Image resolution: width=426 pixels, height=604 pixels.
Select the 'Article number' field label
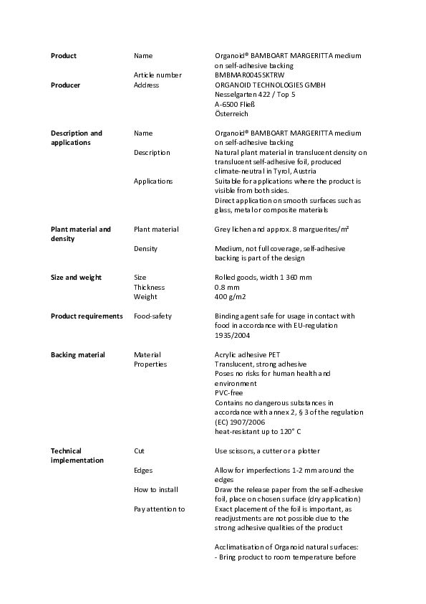pos(158,75)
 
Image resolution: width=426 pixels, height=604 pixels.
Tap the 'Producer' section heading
pos(65,85)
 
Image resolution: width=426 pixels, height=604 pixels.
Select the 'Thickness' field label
pos(150,287)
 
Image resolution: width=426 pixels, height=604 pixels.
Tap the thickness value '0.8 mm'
pos(227,287)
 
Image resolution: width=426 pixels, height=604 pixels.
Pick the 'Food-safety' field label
pos(153,316)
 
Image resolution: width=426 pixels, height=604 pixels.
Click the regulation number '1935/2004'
pos(232,335)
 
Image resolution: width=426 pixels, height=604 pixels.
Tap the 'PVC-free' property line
pos(229,393)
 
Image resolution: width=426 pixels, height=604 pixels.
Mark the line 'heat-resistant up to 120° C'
pos(258,432)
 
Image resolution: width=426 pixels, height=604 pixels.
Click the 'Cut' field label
pos(139,451)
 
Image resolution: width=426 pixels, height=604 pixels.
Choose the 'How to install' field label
pos(155,489)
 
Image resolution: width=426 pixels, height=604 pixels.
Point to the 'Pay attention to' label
pos(159,509)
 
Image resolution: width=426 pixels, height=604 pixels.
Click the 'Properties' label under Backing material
pos(150,364)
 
